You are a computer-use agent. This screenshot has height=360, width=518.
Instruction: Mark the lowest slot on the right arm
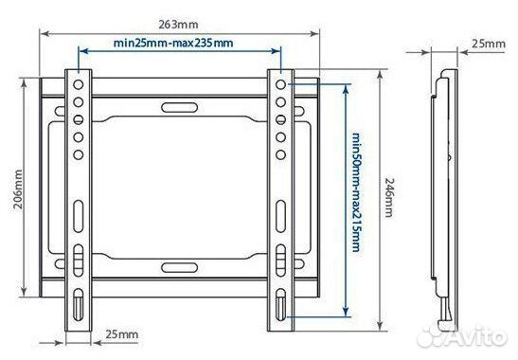coord(281,305)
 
